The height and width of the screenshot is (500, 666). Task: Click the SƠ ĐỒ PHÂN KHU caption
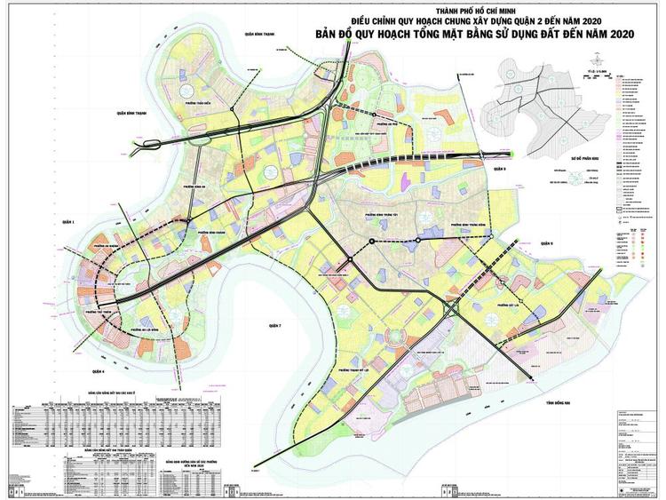tap(562, 161)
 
